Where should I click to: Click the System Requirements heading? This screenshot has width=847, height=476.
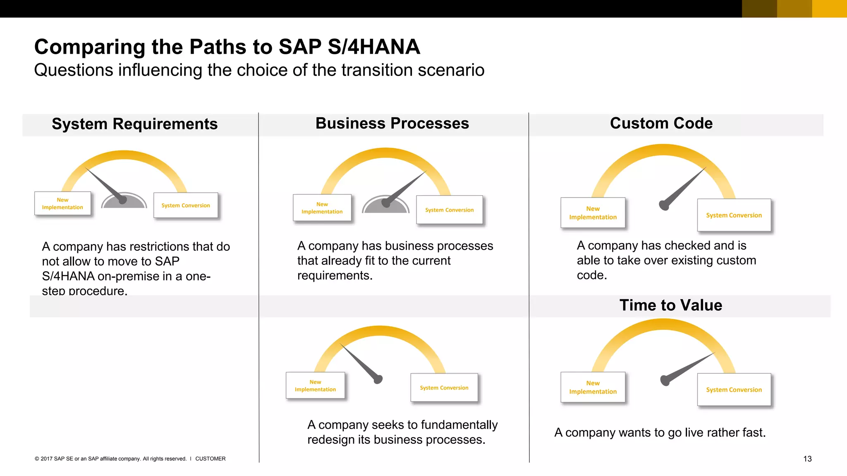pos(134,124)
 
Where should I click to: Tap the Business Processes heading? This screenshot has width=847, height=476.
pos(392,123)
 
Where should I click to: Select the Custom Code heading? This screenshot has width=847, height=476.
pos(661,123)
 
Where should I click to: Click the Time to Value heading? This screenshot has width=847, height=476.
pos(670,305)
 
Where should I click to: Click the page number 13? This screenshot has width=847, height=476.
pos(807,459)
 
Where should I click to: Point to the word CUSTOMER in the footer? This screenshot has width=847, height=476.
pos(210,459)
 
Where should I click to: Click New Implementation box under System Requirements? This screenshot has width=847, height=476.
pos(62,203)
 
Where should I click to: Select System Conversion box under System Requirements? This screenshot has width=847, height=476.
pos(185,205)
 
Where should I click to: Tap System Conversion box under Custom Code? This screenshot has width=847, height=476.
pos(734,215)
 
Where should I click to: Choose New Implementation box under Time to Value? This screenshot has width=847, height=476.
pos(593,387)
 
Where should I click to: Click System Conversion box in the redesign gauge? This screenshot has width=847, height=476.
pos(444,388)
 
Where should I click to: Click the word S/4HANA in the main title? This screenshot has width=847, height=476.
pos(373,47)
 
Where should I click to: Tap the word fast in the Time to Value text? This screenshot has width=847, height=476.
pos(753,433)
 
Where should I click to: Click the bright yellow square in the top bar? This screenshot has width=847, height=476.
pos(829,9)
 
